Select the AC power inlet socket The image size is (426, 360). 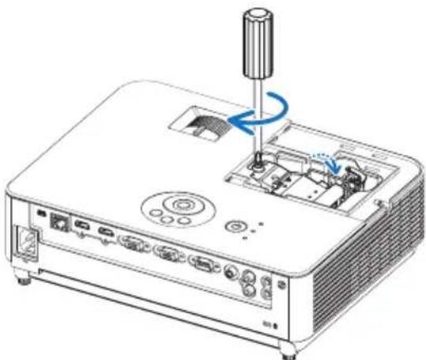24,240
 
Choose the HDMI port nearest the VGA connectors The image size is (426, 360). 104,234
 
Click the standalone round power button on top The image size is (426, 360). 233,226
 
